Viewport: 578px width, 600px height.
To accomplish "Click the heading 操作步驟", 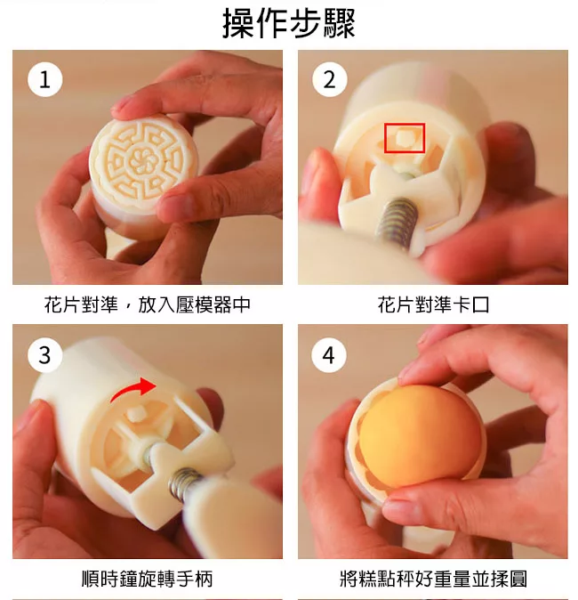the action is tap(289, 24).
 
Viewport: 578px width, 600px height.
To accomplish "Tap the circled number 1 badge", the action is tap(44, 79).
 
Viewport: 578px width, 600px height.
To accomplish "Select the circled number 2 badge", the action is tap(330, 79).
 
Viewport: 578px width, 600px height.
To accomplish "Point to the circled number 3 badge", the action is tap(44, 354).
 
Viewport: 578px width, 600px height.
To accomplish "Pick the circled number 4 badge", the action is tap(329, 354).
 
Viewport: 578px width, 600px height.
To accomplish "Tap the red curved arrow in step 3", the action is tap(133, 390).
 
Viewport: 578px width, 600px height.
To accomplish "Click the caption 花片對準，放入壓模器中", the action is tap(148, 305).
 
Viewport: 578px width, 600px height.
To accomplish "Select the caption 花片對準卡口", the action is tap(434, 305).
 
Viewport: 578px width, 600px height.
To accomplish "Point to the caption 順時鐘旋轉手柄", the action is tap(148, 579).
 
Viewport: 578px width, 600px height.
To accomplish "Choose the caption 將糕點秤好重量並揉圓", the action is tap(434, 579).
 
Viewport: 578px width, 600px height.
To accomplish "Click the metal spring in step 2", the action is tap(397, 221).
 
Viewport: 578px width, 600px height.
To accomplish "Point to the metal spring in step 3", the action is tap(184, 482).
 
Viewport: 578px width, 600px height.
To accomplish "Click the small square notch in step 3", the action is tap(135, 415).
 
